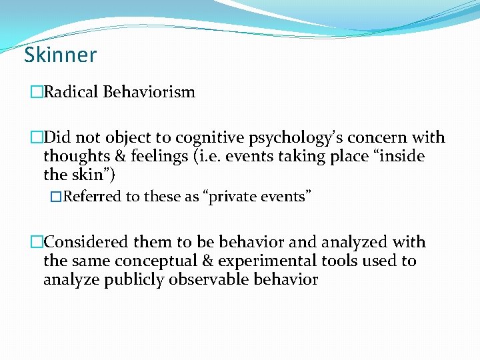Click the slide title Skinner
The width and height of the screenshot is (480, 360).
60,55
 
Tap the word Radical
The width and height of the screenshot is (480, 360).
71,92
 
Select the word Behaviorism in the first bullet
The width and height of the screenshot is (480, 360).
149,92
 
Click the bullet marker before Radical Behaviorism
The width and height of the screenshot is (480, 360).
36,92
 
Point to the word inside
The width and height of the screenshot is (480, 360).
401,157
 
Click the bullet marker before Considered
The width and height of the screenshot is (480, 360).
36,243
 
